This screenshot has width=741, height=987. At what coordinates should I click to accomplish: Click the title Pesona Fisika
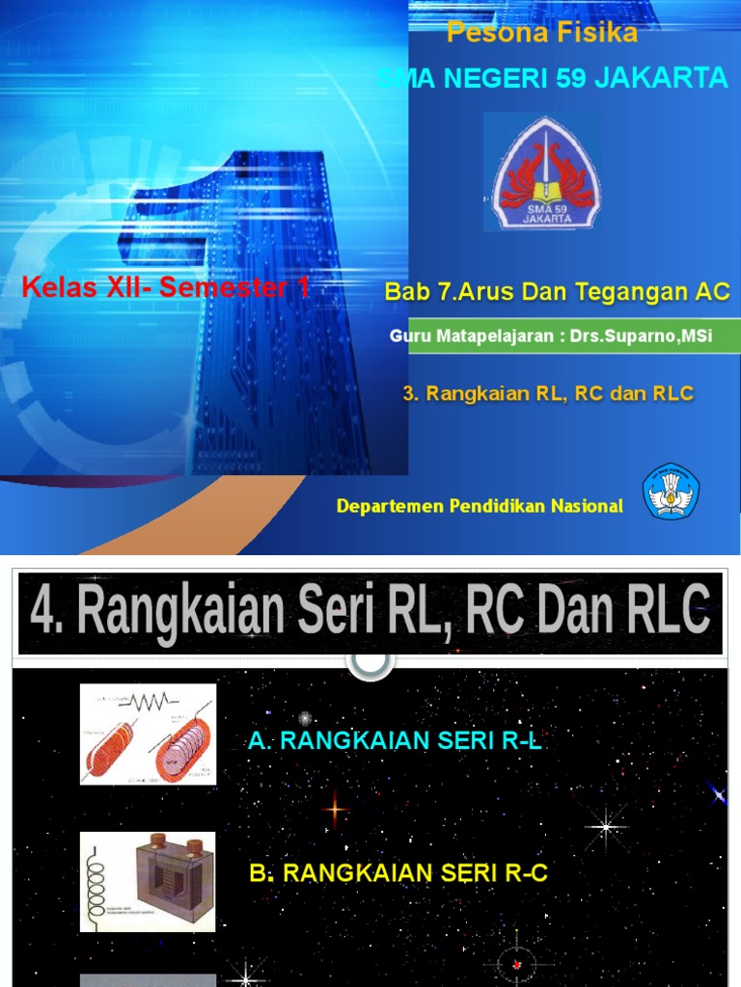tap(541, 34)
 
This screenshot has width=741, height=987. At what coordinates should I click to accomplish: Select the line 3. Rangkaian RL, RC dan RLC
tap(547, 393)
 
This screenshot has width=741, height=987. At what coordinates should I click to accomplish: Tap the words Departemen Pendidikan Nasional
tap(480, 506)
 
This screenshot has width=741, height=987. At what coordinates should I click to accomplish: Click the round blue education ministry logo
tap(671, 493)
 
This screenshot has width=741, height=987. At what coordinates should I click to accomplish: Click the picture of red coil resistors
tap(148, 734)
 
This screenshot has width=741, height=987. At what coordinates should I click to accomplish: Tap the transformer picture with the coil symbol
tap(148, 882)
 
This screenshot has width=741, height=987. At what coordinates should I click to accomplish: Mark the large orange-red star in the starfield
tap(334, 810)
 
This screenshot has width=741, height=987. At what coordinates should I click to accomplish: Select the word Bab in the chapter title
tap(404, 293)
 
